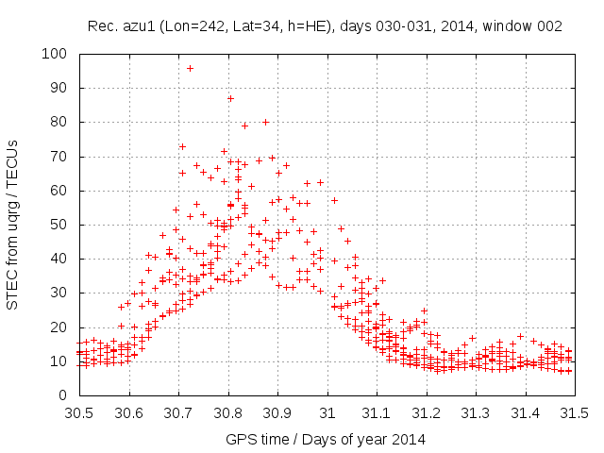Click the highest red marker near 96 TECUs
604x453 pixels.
tap(190, 68)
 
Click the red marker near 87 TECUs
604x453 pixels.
tap(230, 98)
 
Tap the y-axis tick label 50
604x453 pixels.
tap(60, 225)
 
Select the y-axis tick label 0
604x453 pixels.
tap(64, 394)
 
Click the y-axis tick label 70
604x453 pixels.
tap(60, 157)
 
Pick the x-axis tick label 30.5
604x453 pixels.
tap(78, 412)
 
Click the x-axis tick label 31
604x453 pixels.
tap(327, 412)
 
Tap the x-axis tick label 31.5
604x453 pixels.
tap(575, 412)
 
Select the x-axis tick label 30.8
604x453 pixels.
tap(227, 412)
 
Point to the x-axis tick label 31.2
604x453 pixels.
tap(426, 412)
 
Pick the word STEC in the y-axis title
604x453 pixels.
tap(13, 287)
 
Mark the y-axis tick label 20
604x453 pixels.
tap(60, 327)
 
